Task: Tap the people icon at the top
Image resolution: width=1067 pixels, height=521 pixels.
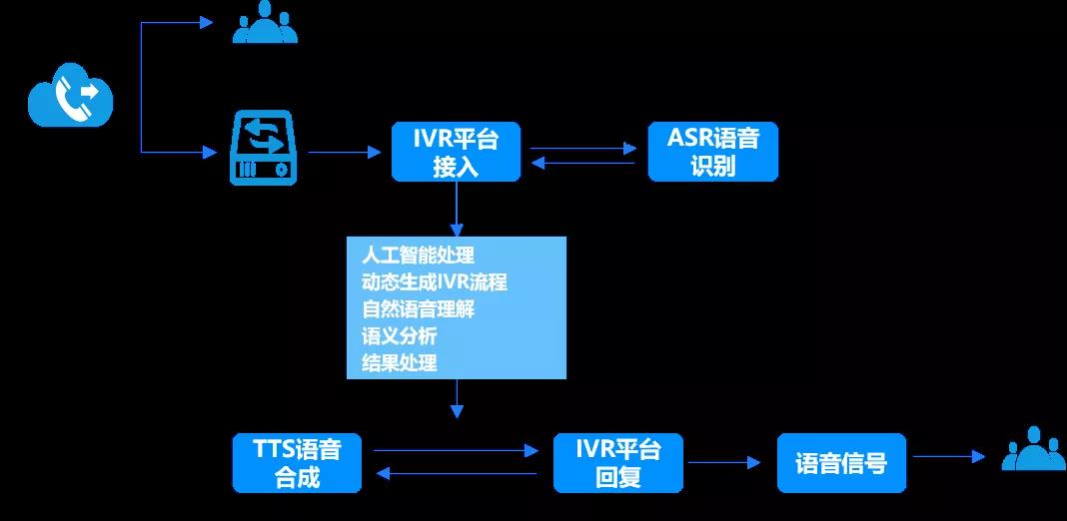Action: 265,24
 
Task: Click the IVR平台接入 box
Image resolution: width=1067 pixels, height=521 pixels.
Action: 456,152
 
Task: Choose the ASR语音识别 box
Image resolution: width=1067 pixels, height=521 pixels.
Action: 712,152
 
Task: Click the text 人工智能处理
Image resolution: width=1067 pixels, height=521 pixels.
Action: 418,255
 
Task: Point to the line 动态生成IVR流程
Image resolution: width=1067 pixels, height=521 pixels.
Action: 435,281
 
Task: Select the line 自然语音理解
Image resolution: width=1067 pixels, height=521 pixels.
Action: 418,308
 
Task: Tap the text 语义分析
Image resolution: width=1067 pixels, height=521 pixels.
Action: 399,335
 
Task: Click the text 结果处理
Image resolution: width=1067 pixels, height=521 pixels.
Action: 399,362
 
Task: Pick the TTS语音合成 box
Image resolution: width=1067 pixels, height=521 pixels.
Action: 297,462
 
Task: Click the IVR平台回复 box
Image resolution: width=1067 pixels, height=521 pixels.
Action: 618,462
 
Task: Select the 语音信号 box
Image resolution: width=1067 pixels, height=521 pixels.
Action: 841,463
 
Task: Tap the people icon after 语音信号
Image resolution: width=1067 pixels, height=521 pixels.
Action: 1034,451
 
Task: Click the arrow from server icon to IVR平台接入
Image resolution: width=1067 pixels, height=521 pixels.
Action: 345,152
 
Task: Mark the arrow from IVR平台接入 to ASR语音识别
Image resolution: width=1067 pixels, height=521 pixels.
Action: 583,149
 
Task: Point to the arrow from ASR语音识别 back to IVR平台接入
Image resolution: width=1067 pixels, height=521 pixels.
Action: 583,162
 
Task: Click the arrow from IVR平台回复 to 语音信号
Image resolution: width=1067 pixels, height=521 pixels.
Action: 723,462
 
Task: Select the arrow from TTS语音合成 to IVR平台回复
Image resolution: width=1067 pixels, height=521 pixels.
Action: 456,450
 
